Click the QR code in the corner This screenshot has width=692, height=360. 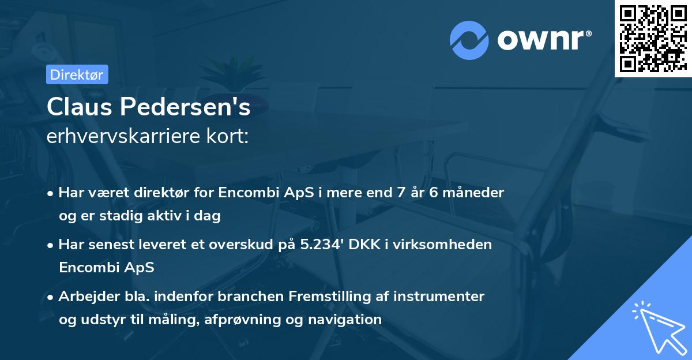click(x=653, y=38)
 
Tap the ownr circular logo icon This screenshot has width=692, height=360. click(x=469, y=40)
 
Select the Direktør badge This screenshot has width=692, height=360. click(x=77, y=74)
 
